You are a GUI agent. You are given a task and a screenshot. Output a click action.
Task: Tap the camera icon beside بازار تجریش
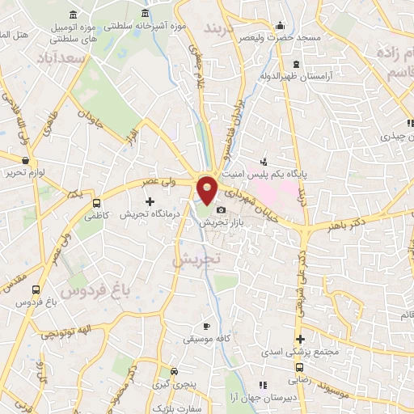pyautogui.click(x=222, y=210)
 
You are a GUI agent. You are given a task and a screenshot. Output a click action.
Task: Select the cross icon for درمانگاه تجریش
pyautogui.click(x=149, y=201)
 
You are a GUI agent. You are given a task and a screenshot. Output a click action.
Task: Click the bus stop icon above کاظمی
pyautogui.click(x=98, y=204)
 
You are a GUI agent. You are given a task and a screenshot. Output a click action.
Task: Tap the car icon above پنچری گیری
pyautogui.click(x=174, y=371)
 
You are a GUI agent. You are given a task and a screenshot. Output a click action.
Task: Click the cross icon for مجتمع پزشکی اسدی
pyautogui.click(x=300, y=339)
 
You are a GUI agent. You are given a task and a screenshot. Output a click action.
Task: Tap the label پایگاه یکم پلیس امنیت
pyautogui.click(x=304, y=172)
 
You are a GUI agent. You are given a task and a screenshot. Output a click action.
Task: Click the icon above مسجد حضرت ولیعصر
pyautogui.click(x=280, y=25)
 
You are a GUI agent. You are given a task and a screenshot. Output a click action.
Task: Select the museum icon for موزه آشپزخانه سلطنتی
pyautogui.click(x=145, y=15)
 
